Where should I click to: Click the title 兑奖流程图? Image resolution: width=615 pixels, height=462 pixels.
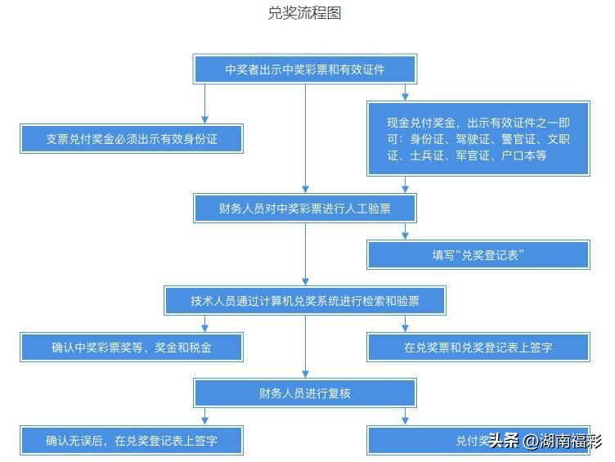pyautogui.click(x=304, y=13)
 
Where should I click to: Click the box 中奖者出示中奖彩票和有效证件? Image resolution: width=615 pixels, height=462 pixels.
pyautogui.click(x=304, y=70)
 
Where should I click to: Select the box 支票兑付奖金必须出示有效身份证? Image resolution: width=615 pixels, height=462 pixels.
pyautogui.click(x=132, y=139)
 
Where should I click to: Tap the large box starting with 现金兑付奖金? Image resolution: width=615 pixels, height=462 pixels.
pyautogui.click(x=478, y=138)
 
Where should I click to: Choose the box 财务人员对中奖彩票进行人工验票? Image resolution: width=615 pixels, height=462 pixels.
pyautogui.click(x=304, y=209)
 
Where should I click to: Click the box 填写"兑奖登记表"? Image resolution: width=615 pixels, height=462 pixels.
pyautogui.click(x=478, y=255)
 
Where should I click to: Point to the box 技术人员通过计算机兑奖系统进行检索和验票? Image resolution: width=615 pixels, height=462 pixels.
pyautogui.click(x=304, y=301)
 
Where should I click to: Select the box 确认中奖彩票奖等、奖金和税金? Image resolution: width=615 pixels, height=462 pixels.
pyautogui.click(x=132, y=348)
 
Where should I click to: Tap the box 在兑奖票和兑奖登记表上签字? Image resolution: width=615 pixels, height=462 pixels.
pyautogui.click(x=478, y=348)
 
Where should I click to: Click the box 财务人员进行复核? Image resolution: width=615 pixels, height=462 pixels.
pyautogui.click(x=304, y=393)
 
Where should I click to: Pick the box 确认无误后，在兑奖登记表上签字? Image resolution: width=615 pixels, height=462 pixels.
pyautogui.click(x=132, y=441)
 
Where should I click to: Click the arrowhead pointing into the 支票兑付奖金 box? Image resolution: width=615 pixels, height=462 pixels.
pyautogui.click(x=204, y=119)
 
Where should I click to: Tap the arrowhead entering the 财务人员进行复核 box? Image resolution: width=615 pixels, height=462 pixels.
pyautogui.click(x=305, y=374)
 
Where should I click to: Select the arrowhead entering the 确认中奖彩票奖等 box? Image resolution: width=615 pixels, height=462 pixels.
pyautogui.click(x=204, y=328)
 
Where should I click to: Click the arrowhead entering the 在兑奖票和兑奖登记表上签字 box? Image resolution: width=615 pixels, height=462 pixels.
pyautogui.click(x=406, y=328)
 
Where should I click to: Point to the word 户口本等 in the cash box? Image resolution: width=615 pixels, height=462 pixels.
pyautogui.click(x=523, y=155)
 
